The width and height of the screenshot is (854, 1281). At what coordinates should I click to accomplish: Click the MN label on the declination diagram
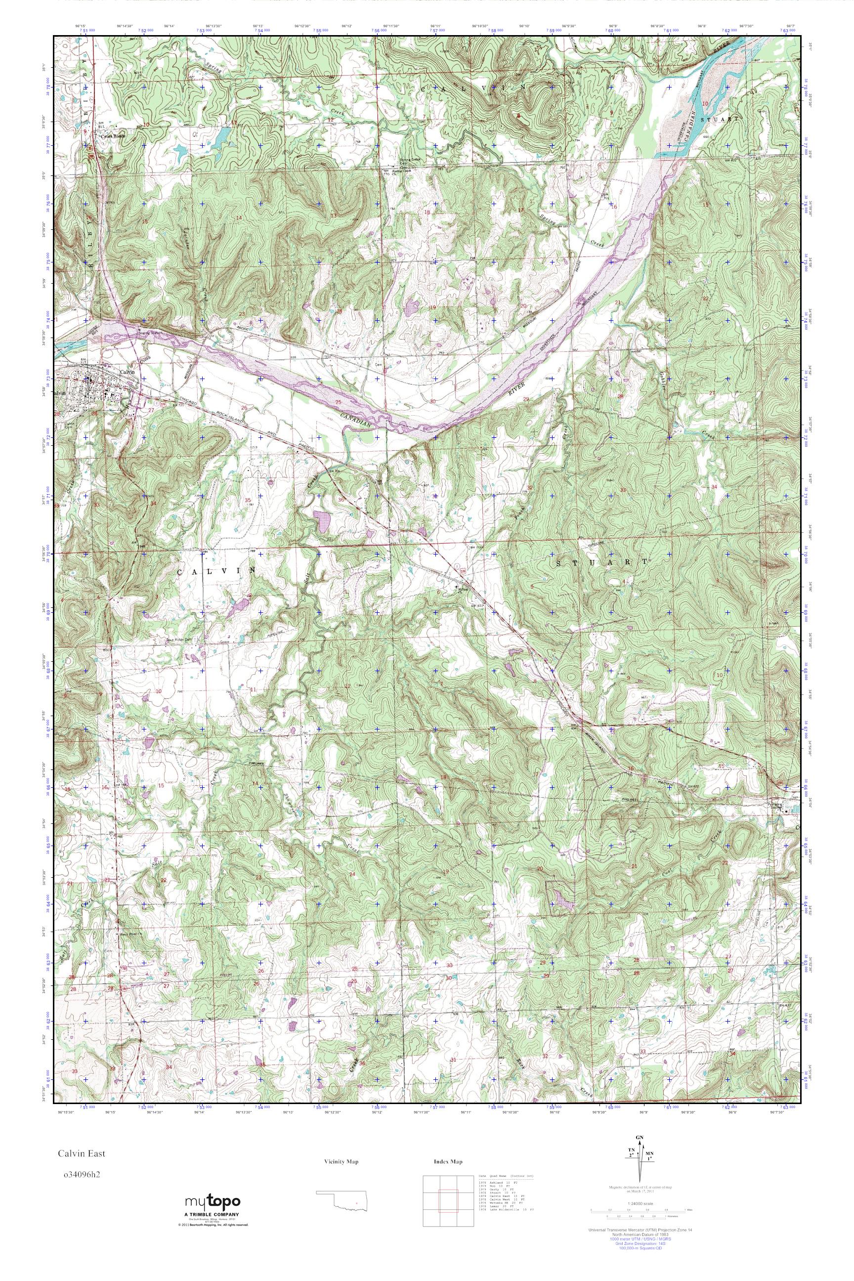coord(649,1167)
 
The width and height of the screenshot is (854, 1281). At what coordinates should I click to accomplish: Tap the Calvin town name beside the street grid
coord(127,372)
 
